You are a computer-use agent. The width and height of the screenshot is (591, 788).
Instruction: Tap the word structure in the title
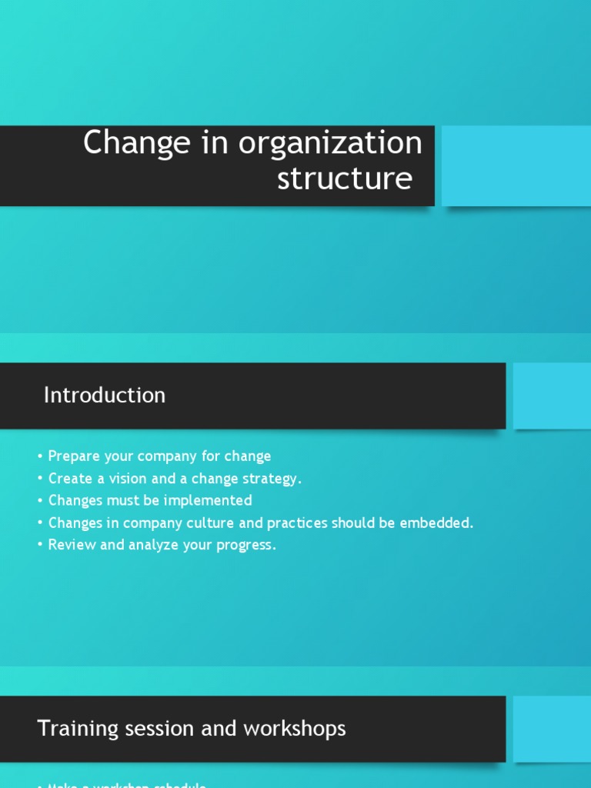click(344, 178)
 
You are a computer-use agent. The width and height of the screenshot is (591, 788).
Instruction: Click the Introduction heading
click(105, 396)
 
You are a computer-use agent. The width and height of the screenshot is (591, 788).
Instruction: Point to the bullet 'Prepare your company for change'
click(159, 456)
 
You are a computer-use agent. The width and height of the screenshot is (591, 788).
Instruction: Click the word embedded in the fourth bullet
click(440, 523)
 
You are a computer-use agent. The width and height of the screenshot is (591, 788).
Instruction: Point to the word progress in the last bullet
click(246, 546)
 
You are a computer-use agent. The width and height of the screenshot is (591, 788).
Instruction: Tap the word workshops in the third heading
click(303, 729)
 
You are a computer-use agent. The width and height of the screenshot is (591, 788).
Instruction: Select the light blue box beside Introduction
click(552, 396)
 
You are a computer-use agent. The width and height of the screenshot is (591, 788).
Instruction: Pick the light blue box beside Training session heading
click(552, 729)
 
